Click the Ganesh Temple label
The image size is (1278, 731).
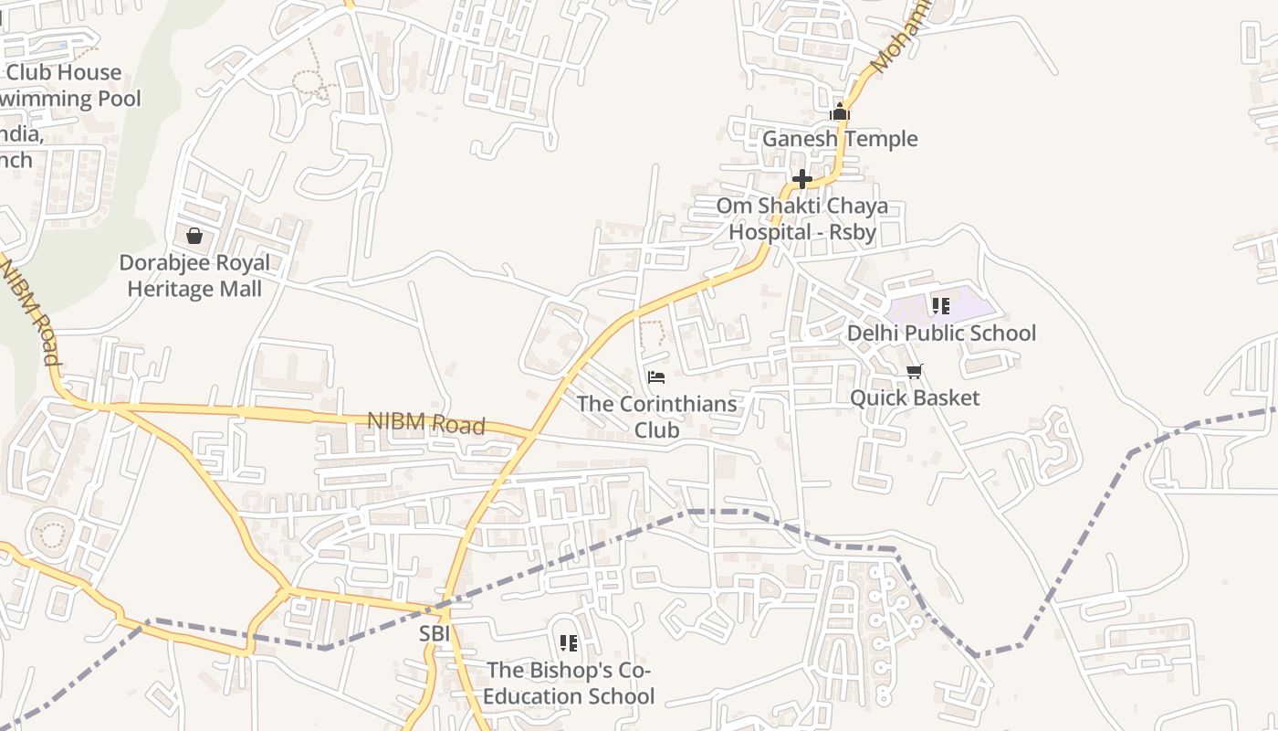(840, 139)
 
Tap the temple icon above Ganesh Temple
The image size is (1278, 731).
(840, 113)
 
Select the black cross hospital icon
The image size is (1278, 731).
(802, 179)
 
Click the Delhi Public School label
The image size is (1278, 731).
(941, 334)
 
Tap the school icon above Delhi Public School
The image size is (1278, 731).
(941, 306)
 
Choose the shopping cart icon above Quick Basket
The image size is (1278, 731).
(915, 371)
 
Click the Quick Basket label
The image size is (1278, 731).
(915, 397)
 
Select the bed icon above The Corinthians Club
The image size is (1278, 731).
(656, 376)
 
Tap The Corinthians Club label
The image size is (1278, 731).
(656, 416)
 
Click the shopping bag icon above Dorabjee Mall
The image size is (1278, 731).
(194, 236)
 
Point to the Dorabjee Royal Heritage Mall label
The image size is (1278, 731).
(194, 276)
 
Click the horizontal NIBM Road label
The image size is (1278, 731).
(425, 423)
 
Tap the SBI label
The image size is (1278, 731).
(435, 633)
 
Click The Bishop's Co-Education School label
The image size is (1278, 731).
(569, 683)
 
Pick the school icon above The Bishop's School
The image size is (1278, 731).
(569, 643)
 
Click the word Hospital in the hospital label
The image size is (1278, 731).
(766, 232)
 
